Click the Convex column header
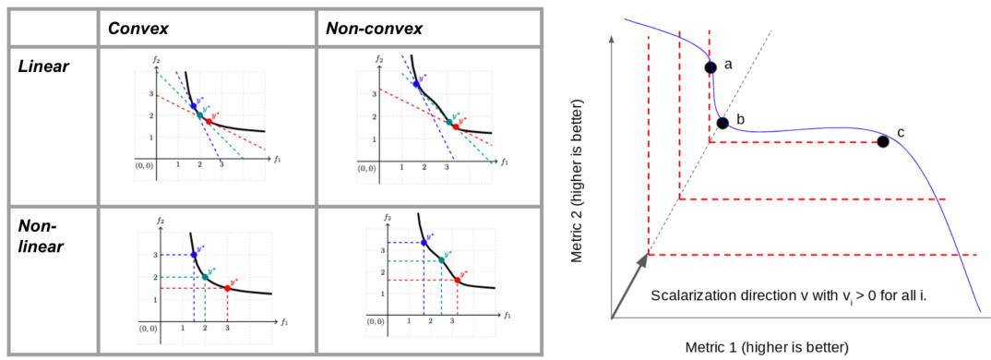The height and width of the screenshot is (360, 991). point(137,28)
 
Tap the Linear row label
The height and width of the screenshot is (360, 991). point(42,67)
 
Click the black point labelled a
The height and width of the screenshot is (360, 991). point(710,66)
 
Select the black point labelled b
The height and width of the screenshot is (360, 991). point(722,123)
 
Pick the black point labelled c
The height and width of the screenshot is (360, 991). point(883,141)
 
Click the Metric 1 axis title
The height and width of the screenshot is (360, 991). point(766,347)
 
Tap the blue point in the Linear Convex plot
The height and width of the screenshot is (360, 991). point(194,106)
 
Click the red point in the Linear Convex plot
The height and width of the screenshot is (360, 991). point(209,121)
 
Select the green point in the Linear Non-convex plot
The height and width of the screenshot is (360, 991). point(448,122)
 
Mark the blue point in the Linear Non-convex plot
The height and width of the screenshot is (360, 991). point(416,84)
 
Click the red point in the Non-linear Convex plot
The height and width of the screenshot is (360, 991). point(227,288)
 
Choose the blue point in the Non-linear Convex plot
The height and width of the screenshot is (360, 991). point(193,255)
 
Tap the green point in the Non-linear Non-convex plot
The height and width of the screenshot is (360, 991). point(441,259)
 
